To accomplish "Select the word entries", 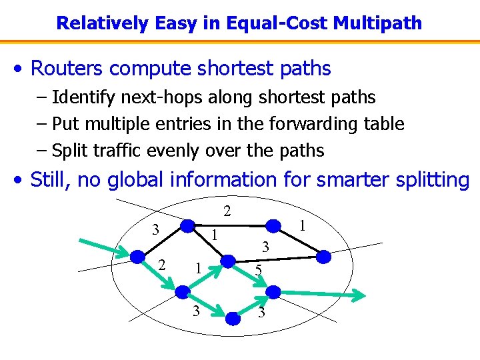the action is (182, 124).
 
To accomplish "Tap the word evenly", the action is (169, 151).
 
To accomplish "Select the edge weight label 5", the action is (259, 270).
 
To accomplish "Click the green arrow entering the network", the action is (105, 246).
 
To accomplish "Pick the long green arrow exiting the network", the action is (320, 294).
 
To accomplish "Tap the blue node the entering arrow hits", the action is (137, 257).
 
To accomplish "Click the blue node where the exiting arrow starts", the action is (273, 291).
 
